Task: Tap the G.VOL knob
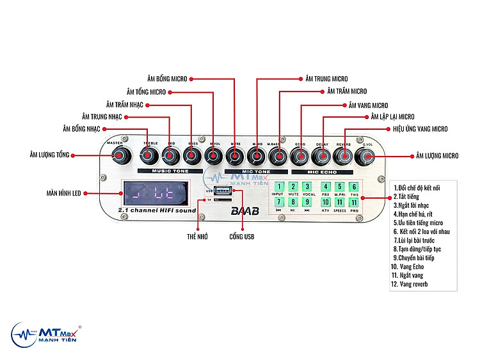(369, 155)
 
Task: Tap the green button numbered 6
(353, 187)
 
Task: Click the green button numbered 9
(307, 203)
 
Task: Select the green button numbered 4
(324, 187)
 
